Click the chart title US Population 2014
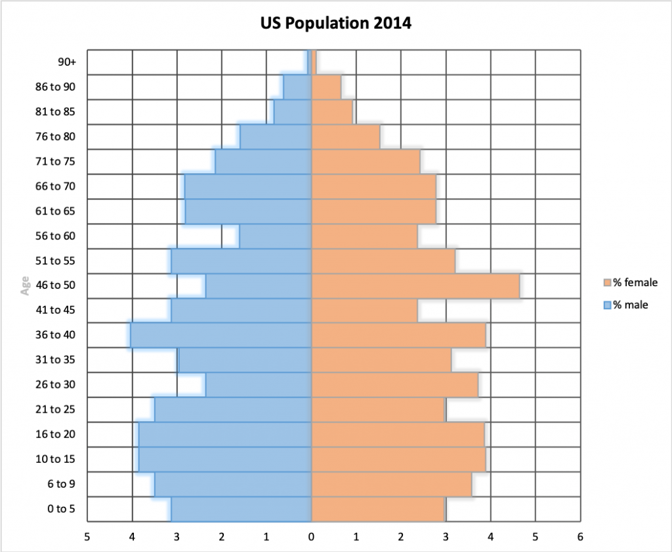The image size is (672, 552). (335, 24)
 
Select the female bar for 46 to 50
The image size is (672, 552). (415, 286)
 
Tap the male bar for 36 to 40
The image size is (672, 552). (220, 335)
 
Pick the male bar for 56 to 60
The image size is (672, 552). (276, 236)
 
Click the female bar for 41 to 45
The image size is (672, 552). (364, 310)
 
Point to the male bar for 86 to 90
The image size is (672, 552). (297, 87)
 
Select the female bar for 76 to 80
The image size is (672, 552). (346, 137)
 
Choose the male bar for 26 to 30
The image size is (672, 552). (259, 385)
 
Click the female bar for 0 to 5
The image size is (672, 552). (378, 509)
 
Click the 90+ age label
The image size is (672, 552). (66, 62)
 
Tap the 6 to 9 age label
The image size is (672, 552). (62, 484)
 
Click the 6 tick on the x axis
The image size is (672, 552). (580, 536)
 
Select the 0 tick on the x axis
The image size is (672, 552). (311, 536)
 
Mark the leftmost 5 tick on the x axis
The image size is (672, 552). (87, 536)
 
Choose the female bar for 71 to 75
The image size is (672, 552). (366, 161)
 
